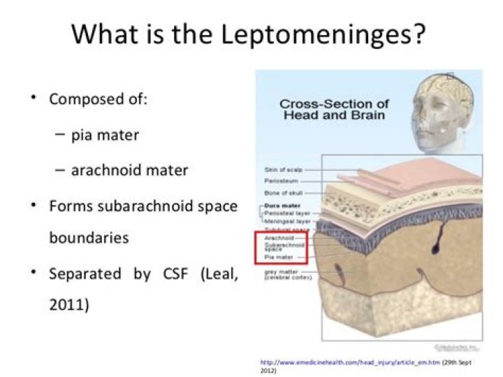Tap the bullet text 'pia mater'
(105, 134)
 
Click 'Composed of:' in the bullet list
(99, 99)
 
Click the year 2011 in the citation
(68, 306)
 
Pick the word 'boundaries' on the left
(89, 237)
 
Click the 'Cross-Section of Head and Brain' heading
(333, 109)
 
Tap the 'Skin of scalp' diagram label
(281, 169)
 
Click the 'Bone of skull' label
(282, 192)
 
